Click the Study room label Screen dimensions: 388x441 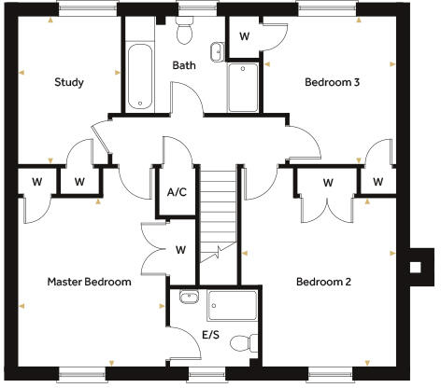[x=69, y=82]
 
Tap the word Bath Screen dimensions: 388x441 [x=183, y=65]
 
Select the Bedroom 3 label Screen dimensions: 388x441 [x=333, y=82]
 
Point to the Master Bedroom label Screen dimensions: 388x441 [x=90, y=281]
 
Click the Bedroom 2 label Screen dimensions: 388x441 [x=323, y=281]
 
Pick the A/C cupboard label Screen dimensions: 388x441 [x=177, y=192]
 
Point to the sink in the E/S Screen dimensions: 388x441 [x=187, y=298]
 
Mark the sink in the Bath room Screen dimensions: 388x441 [x=216, y=49]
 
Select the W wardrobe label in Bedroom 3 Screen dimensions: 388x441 [x=245, y=36]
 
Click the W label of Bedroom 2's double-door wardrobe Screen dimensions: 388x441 [x=327, y=182]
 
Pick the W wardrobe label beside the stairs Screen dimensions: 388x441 [x=180, y=249]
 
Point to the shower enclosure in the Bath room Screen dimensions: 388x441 [x=245, y=87]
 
